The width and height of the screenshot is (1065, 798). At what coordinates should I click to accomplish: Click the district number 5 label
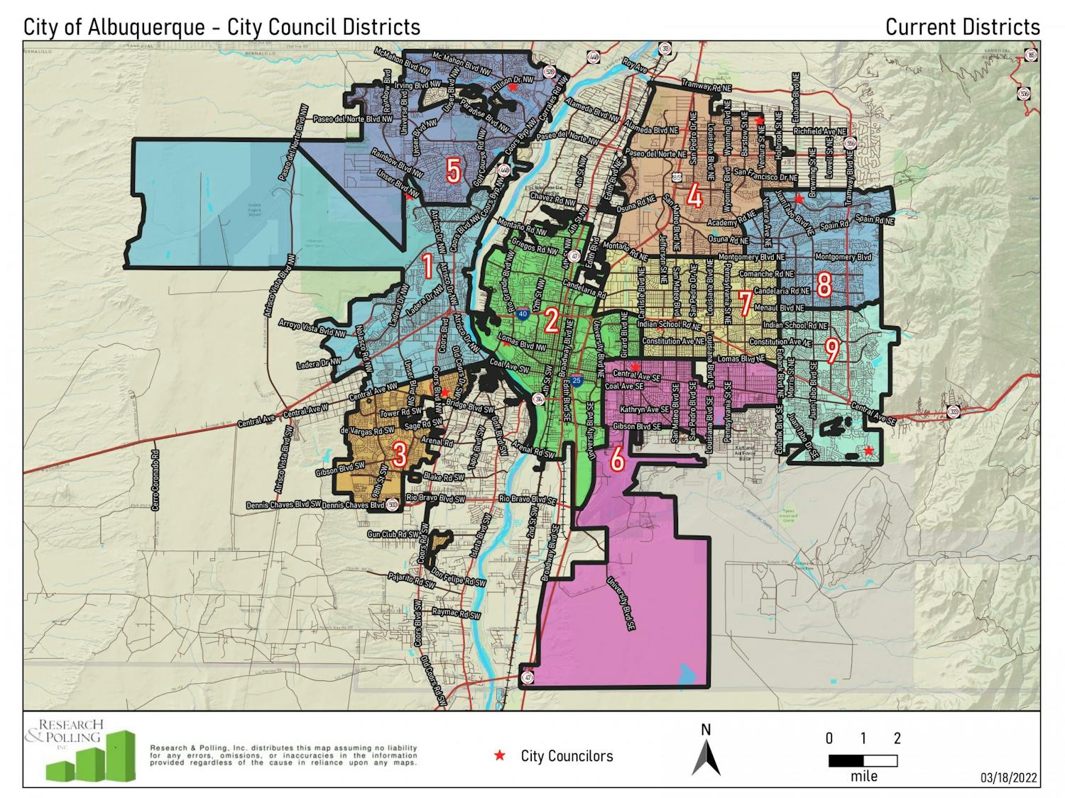click(453, 171)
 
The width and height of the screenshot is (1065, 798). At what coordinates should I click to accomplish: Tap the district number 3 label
click(399, 455)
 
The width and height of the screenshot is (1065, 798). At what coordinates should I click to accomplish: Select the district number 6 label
click(617, 459)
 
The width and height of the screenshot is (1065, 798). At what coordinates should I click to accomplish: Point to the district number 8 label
click(824, 285)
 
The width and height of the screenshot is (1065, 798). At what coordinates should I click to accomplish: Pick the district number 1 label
click(427, 267)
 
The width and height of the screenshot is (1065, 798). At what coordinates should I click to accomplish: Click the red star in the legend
click(500, 756)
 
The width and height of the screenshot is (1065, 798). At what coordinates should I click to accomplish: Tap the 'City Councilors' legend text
click(567, 756)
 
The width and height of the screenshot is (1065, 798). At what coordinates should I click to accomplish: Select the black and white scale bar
click(863, 761)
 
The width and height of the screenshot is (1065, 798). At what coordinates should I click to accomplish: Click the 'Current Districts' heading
click(962, 27)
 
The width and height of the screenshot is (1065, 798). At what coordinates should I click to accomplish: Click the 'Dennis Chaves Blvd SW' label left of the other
click(283, 505)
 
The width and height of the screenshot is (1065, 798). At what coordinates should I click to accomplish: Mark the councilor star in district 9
click(868, 450)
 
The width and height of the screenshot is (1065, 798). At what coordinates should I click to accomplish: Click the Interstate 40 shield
click(523, 313)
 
